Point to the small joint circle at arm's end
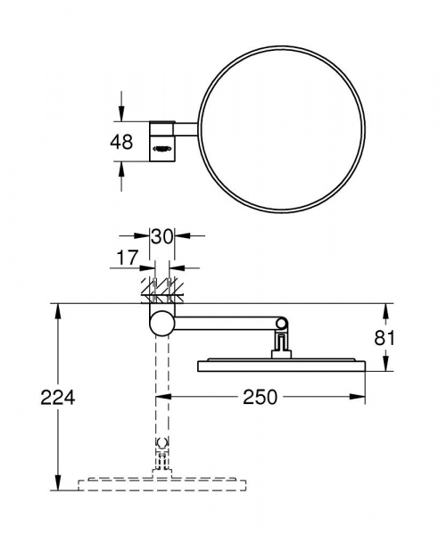(x=281, y=322)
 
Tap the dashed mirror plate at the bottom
(x=161, y=485)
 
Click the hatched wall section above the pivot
(x=161, y=291)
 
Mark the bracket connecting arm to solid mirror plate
(x=281, y=343)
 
